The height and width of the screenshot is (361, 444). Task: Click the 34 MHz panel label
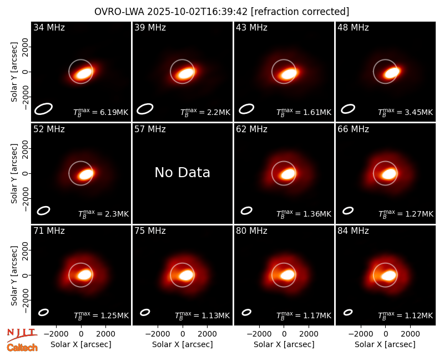49,27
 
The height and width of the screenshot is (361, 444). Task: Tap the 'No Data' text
183,172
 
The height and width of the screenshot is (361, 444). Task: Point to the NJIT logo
22,335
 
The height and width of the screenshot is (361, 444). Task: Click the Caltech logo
22,348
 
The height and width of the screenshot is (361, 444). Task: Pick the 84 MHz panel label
353,231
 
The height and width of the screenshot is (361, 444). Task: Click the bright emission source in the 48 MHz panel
392,73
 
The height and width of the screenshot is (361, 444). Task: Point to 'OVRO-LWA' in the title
119,12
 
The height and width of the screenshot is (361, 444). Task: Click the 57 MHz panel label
150,129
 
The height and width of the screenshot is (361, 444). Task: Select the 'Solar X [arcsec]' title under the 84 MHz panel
385,344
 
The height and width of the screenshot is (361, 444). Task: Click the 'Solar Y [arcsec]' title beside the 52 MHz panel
14,173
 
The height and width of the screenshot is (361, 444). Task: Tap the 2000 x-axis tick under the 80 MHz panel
309,334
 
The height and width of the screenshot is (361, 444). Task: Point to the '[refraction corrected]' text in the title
300,12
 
